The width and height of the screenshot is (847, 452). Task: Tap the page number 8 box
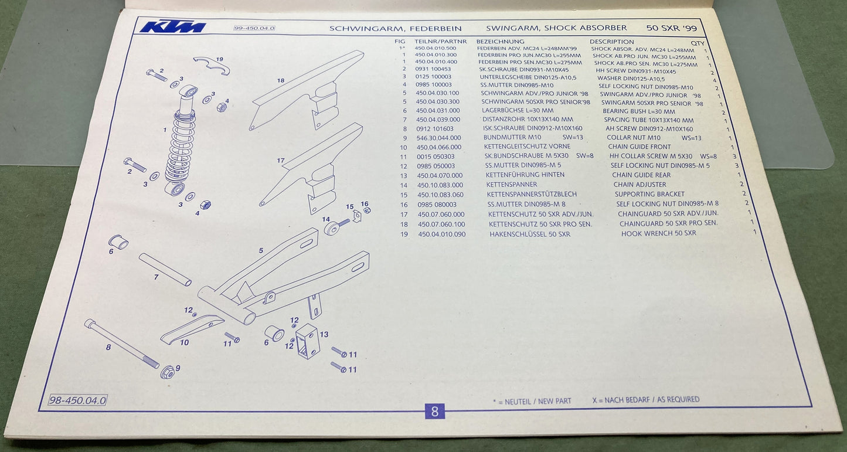(434, 411)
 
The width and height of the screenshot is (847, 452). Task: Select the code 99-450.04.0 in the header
(254, 28)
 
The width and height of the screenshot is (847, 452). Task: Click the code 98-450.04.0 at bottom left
(77, 400)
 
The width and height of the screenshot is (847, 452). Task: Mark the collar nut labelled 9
(167, 371)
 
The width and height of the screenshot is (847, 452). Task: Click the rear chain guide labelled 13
(306, 341)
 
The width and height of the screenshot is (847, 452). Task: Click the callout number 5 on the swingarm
(261, 250)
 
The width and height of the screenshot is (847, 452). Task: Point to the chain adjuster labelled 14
(334, 227)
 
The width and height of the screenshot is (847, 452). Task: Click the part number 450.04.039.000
(438, 120)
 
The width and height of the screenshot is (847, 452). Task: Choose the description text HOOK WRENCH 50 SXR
(658, 233)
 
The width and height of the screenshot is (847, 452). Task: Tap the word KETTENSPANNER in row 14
(511, 185)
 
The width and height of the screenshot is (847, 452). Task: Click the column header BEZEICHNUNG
(500, 42)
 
